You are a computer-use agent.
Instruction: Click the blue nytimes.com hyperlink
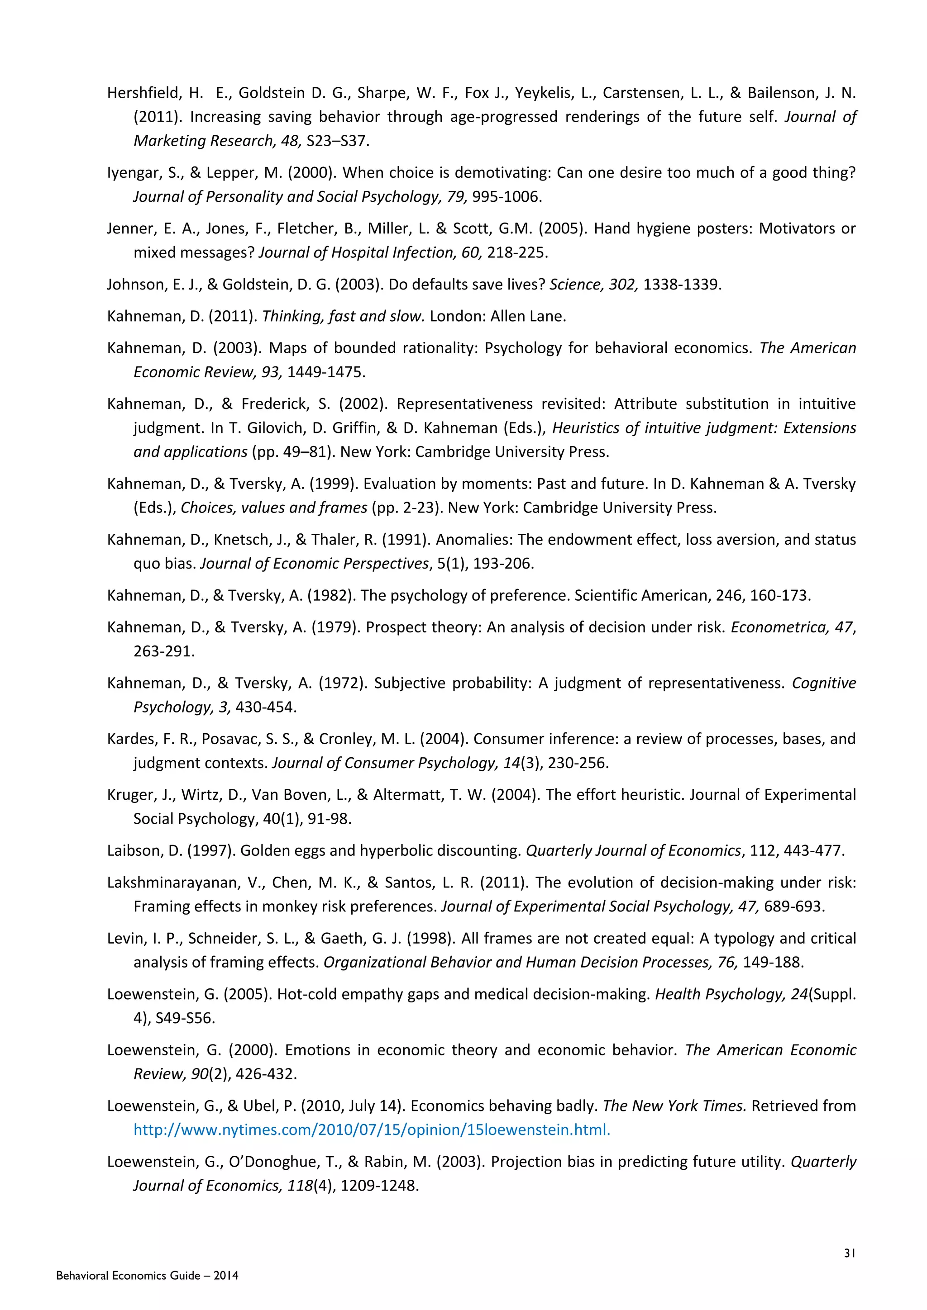372,1130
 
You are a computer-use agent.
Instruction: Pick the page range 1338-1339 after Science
682,284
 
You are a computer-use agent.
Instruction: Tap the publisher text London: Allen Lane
498,316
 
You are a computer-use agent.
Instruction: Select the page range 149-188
773,962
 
